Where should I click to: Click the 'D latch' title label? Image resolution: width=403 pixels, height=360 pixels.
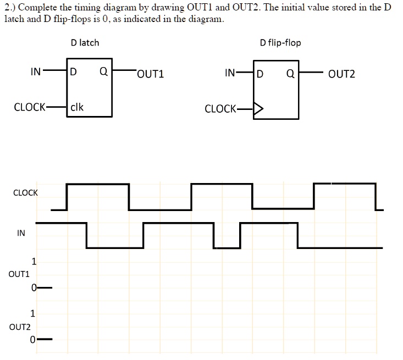tap(85, 42)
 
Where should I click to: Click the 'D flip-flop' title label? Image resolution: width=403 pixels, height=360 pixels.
tap(280, 42)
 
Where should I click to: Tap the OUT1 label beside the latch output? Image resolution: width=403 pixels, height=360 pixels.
tap(151, 73)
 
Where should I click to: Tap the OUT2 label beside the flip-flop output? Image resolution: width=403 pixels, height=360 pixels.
tap(341, 73)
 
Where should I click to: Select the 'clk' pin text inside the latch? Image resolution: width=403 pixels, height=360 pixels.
tap(77, 107)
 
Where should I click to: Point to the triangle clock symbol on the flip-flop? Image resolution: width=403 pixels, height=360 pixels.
tap(258, 108)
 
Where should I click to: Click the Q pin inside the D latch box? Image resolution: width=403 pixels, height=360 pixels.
tap(103, 71)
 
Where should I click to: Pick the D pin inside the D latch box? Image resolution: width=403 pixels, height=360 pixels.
tap(74, 71)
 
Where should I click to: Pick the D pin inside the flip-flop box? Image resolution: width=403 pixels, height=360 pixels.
tap(260, 73)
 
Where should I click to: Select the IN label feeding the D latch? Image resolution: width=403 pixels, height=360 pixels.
tap(36, 71)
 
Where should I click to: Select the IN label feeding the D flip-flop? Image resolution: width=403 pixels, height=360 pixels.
tap(231, 72)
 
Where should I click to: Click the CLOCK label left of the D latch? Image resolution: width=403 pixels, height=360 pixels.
tap(30, 107)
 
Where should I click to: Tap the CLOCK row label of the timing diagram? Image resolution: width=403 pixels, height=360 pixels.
tap(25, 193)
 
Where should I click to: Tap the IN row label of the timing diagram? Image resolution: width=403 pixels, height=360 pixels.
tap(21, 233)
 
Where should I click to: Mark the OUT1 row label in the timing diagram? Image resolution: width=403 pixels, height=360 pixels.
tap(19, 273)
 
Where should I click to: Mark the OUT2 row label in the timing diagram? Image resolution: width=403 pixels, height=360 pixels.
tap(20, 327)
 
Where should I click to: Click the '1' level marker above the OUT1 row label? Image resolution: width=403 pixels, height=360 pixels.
tap(34, 262)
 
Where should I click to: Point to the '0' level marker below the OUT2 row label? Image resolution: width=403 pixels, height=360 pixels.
tap(34, 340)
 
